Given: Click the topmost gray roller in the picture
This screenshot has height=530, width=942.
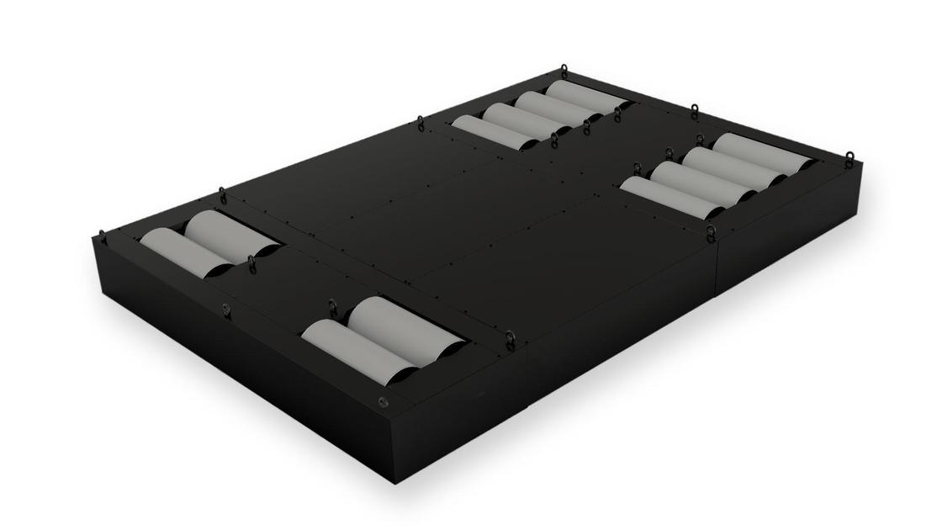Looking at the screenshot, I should pyautogui.click(x=585, y=97).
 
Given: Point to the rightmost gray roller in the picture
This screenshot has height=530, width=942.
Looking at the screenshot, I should pyautogui.click(x=762, y=152).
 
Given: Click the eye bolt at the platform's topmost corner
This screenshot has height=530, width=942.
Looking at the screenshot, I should pyautogui.click(x=564, y=71).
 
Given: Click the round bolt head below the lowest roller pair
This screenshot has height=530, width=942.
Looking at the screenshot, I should pyautogui.click(x=383, y=402).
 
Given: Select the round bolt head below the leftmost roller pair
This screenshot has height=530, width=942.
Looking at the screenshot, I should pyautogui.click(x=225, y=309).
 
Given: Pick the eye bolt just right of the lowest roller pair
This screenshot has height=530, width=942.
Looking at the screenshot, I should pyautogui.click(x=510, y=338).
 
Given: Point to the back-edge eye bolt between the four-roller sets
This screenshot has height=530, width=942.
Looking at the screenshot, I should pyautogui.click(x=694, y=110).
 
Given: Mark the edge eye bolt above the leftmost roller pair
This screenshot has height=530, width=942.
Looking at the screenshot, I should pyautogui.click(x=222, y=194).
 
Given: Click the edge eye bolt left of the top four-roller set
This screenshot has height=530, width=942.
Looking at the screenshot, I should pyautogui.click(x=421, y=123).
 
